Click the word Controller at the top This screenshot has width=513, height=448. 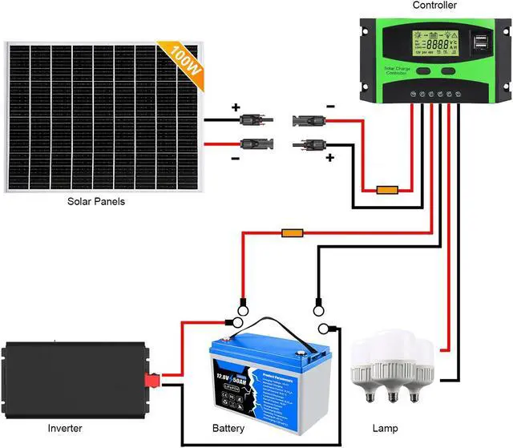click(434, 6)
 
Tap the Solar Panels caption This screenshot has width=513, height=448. click(96, 202)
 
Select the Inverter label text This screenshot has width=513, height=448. click(64, 428)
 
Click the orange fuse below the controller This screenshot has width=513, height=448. click(387, 191)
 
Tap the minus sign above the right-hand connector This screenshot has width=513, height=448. click(330, 105)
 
